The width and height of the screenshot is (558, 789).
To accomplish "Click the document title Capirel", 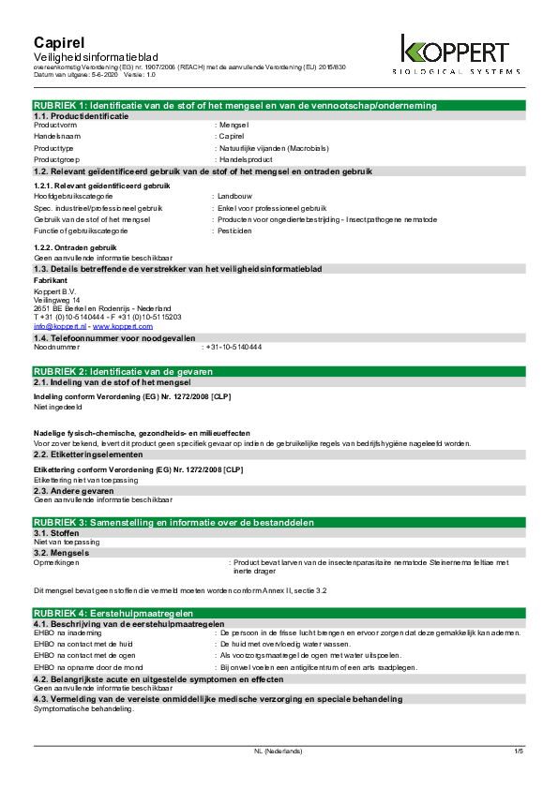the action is click(59, 43).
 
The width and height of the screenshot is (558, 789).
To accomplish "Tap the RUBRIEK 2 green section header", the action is click(279, 372).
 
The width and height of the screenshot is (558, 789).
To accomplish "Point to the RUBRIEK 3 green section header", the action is click(279, 521).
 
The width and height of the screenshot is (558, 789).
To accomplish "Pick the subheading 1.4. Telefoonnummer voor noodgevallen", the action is click(101, 337).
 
